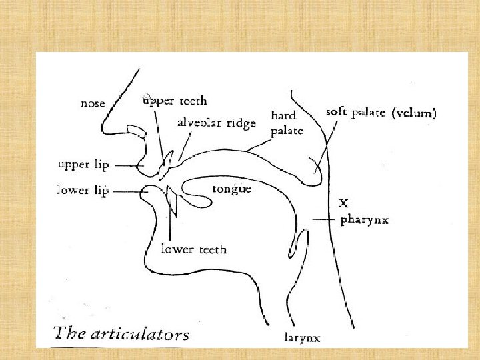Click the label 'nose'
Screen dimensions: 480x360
point(93,103)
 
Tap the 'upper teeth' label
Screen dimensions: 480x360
point(175,101)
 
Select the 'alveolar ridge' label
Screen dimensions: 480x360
point(216,123)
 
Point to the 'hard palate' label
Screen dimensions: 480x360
point(287,123)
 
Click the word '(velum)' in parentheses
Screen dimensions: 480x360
point(414,113)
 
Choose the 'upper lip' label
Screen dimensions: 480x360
point(83,163)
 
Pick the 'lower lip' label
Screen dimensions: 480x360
point(83,191)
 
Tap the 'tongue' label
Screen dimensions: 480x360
point(231,189)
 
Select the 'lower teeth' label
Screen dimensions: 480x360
point(193,249)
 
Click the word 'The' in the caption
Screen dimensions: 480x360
point(68,333)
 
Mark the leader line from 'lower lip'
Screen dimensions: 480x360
point(130,191)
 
